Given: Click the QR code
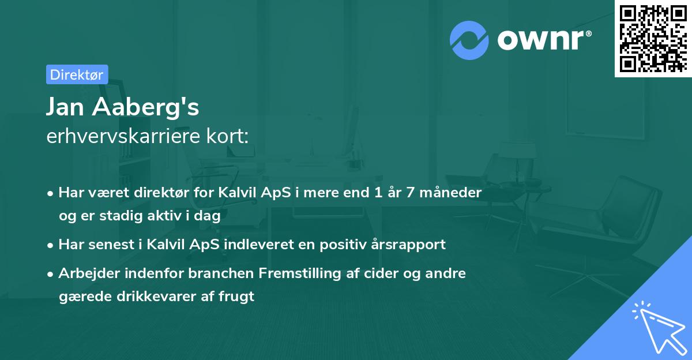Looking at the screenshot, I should (x=653, y=38).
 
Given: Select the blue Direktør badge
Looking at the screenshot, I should (x=77, y=74).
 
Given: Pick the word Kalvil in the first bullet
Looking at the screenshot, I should (x=238, y=193).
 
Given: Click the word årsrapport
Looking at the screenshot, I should (x=412, y=245).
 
